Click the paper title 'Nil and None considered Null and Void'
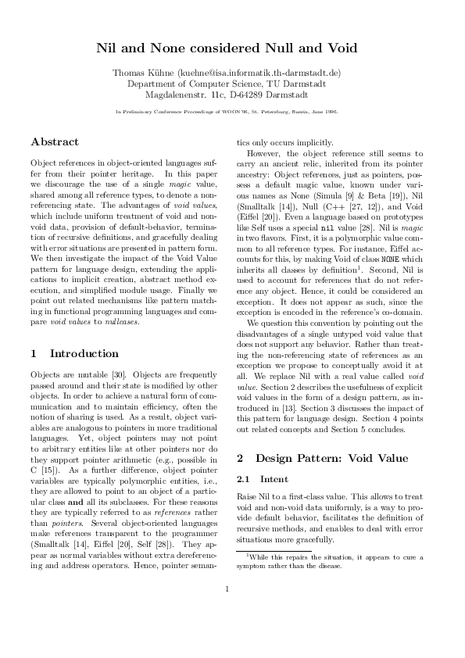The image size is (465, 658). point(232,48)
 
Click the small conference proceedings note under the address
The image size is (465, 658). point(232,112)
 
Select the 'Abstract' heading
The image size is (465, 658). point(55,142)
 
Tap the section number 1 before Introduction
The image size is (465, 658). point(34,353)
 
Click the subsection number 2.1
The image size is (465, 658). point(243,478)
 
